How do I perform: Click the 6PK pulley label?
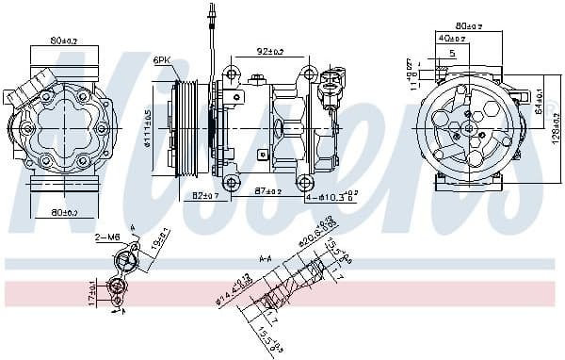(x=162, y=62)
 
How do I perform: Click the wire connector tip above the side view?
(x=208, y=13)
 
